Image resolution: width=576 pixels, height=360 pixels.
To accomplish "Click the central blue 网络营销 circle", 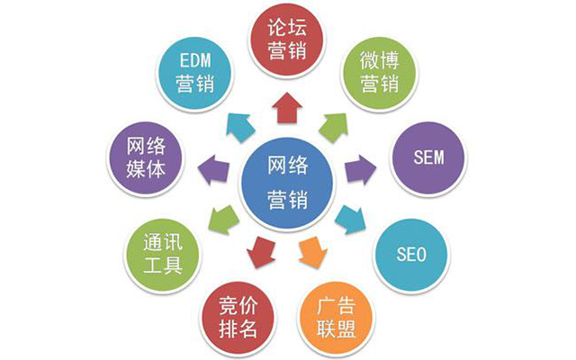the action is (287, 183).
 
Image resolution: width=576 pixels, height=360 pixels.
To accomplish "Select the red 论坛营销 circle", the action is (287, 40).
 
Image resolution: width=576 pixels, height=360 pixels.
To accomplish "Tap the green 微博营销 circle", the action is (380, 72).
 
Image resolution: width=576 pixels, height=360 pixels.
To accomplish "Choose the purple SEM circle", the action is (428, 158).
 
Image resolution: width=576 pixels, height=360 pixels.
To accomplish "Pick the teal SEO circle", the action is (411, 255).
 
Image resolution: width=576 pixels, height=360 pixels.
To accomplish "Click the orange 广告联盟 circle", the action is (336, 318).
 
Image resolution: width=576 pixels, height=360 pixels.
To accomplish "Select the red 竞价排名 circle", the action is (238, 318).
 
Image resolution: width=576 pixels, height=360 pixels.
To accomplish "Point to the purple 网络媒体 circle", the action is (146, 158).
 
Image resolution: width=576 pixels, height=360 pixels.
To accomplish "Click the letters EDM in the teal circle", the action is (195, 60).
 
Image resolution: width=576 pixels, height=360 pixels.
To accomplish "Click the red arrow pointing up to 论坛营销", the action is (287, 107).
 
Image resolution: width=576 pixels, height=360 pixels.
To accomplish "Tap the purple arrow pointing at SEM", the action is (360, 170).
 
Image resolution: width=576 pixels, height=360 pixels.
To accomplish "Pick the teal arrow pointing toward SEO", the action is (351, 220).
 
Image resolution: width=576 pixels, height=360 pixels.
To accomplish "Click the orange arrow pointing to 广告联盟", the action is (312, 251).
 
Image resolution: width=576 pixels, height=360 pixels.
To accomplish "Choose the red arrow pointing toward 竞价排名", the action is (261, 252).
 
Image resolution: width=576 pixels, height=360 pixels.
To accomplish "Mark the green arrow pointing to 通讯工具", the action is (224, 220).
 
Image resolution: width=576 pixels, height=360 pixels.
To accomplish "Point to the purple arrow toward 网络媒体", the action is (214, 170).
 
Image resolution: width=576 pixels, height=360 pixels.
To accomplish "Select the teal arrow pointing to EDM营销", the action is (240, 127).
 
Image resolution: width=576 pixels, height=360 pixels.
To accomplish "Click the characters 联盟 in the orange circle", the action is (336, 328).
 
